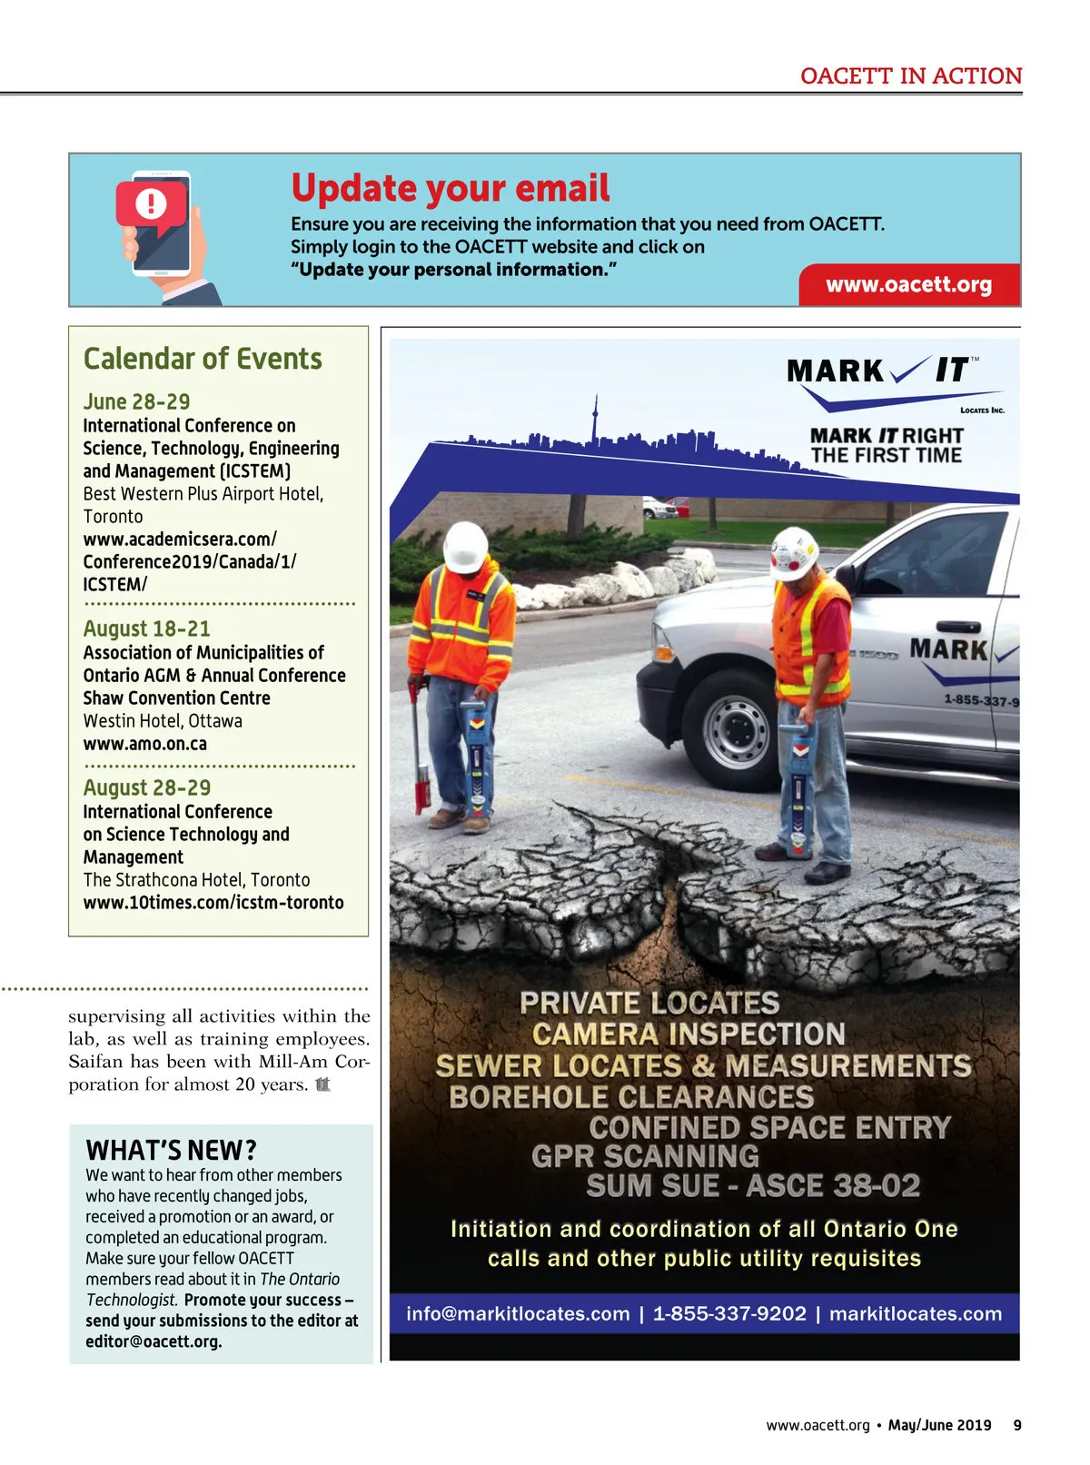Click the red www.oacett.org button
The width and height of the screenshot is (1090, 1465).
tap(909, 285)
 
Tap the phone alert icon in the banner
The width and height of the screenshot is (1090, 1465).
tap(153, 204)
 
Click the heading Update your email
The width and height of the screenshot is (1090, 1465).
tap(451, 188)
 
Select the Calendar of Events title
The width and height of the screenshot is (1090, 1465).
tap(203, 359)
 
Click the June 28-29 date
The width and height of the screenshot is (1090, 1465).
tap(136, 401)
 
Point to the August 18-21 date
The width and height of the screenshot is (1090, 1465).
tap(146, 629)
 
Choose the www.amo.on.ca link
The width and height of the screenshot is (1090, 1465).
tap(145, 744)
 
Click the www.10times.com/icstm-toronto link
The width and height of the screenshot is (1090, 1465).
tap(213, 903)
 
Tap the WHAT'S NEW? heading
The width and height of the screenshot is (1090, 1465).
tap(172, 1150)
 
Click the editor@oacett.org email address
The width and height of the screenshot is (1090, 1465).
tap(154, 1341)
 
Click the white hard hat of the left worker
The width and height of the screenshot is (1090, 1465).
tap(466, 547)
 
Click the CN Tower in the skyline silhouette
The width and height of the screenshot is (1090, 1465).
tap(595, 420)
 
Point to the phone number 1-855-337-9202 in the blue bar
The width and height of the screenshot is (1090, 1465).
tap(729, 1314)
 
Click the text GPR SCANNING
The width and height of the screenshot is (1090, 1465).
tap(645, 1156)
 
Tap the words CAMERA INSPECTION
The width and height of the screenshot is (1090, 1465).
tap(689, 1034)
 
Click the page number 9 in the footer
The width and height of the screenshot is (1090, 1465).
tap(1017, 1425)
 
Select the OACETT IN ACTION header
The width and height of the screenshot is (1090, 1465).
tap(911, 76)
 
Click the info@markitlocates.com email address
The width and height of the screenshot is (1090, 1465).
tap(518, 1314)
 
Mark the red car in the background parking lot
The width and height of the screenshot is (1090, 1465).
tap(679, 505)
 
